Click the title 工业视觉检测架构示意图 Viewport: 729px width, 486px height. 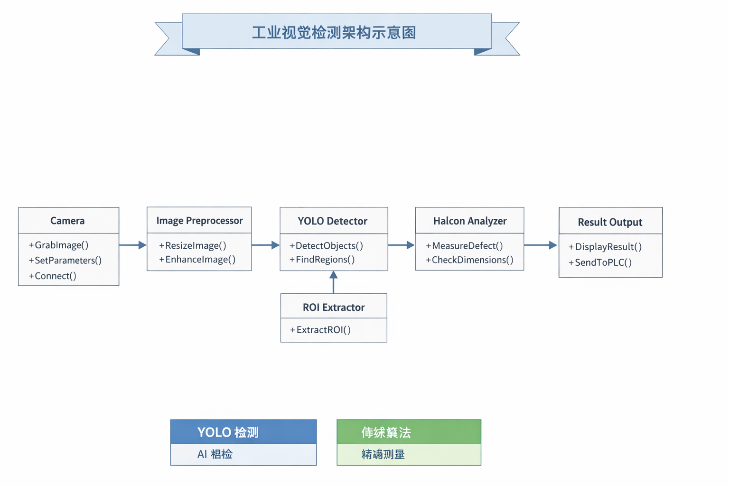pos(334,32)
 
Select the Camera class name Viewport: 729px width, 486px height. pos(67,221)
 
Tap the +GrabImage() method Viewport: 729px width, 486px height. pos(59,245)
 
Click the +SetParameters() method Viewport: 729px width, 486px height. pos(65,261)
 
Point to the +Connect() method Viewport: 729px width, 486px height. pos(53,276)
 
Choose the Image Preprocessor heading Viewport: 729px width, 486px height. pos(199,221)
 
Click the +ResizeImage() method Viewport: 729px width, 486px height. pos(193,245)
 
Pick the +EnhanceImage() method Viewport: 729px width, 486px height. pos(197,260)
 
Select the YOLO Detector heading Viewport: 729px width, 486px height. pos(332,221)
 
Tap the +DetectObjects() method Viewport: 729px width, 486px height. pos(327,246)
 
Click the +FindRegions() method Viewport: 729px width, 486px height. pos(322,260)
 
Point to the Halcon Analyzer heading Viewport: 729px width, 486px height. pos(470,221)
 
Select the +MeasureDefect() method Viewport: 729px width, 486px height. pos(464,246)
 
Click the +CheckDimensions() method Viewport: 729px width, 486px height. pos(469,260)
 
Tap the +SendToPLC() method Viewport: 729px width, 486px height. pos(600,262)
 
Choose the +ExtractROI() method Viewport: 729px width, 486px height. pos(320,330)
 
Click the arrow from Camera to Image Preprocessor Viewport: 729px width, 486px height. pos(133,245)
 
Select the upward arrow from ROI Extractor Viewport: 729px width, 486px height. pos(334,282)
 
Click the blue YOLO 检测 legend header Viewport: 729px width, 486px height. pos(243,432)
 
